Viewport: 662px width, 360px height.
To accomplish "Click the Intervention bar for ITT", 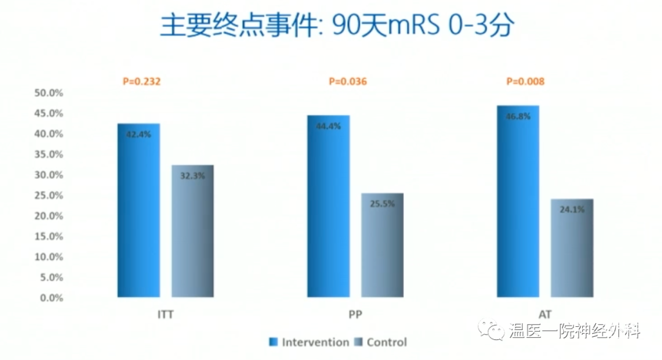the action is [139, 210].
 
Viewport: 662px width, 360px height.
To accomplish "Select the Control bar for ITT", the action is [192, 231].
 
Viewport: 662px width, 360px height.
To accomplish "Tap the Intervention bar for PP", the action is [329, 206].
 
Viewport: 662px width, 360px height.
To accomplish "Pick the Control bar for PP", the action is [382, 245].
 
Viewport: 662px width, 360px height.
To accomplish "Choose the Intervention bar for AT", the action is [518, 201].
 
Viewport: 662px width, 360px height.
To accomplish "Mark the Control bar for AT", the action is [572, 248].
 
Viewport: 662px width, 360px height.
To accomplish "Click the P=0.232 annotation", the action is [142, 81].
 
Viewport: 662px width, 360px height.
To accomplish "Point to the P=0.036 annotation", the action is [348, 81].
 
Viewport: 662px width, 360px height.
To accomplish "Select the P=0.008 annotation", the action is [526, 81].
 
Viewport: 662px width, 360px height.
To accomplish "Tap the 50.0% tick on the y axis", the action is [48, 93].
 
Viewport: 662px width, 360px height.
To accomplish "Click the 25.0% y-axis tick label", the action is [48, 195].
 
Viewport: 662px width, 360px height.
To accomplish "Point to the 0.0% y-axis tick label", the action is [51, 298].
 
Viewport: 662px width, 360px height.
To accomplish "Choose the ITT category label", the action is [165, 315].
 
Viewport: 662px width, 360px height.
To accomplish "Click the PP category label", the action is [355, 315].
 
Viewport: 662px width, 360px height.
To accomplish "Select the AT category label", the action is [545, 315].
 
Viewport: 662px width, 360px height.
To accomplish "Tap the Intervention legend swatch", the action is [273, 342].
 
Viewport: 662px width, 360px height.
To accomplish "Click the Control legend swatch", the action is [359, 342].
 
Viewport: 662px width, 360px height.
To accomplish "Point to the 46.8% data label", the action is [518, 116].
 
